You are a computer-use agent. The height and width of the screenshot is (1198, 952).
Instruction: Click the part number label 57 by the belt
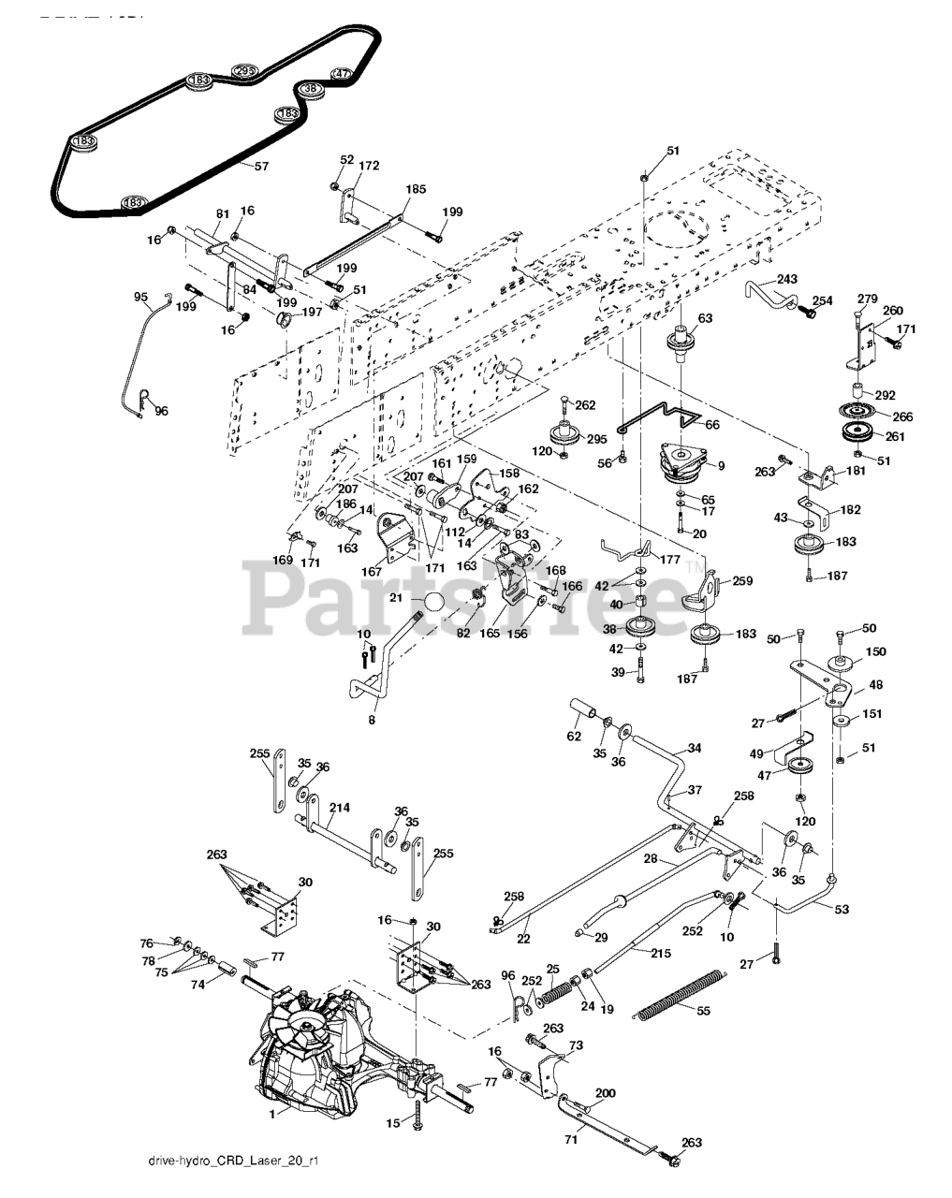coord(235,166)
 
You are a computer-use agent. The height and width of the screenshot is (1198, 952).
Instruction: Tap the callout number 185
coord(415,189)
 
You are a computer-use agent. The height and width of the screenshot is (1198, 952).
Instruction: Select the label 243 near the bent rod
coord(786,280)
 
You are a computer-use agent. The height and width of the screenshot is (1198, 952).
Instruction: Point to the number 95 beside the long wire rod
coord(141,297)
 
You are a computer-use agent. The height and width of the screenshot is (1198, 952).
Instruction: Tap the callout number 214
coord(340,808)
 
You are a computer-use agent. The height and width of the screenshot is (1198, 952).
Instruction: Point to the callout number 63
coord(705,319)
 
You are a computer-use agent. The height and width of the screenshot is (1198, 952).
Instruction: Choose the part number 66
coord(712,425)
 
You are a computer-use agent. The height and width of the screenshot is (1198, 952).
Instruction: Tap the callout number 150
coord(875,651)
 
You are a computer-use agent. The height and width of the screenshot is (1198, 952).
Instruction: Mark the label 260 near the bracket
coord(893,311)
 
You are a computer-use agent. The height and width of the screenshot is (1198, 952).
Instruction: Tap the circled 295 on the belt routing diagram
coord(243,71)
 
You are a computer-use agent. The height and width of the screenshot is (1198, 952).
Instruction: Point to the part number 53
coord(842,909)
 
